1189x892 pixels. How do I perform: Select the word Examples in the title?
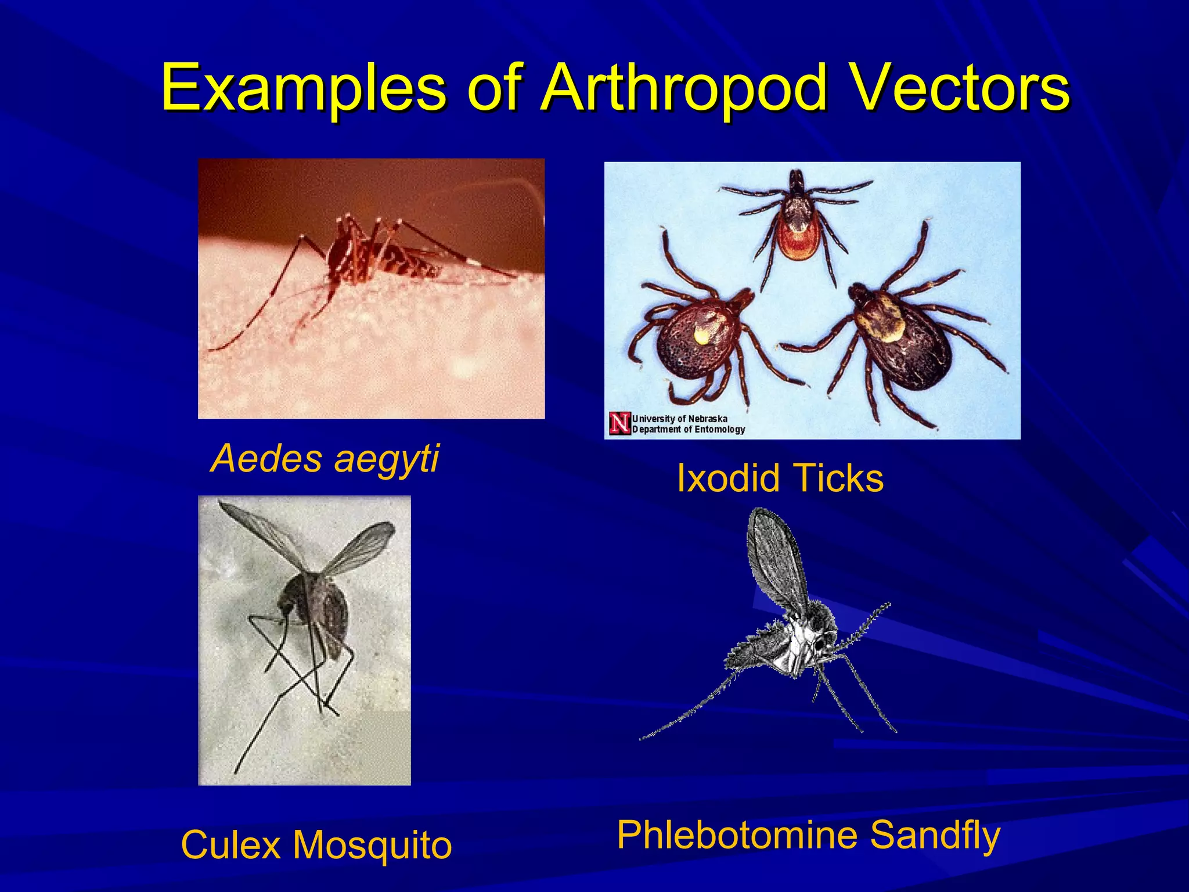point(303,88)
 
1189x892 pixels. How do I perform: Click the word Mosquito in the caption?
point(372,846)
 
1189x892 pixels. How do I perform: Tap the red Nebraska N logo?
point(619,424)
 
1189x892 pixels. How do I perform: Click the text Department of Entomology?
point(688,430)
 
